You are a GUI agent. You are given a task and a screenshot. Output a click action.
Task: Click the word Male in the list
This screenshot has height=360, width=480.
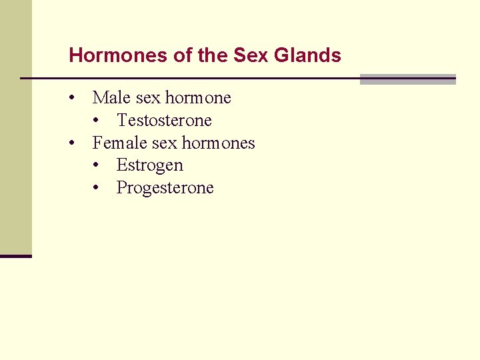[111, 98]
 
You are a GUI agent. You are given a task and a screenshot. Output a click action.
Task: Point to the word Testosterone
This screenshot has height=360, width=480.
[164, 121]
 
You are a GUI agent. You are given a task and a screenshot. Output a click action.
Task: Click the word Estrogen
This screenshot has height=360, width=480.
[149, 165]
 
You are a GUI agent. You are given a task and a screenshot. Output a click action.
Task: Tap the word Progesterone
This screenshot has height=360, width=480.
[165, 188]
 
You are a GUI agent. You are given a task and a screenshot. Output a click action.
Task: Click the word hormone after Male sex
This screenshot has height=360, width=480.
[198, 98]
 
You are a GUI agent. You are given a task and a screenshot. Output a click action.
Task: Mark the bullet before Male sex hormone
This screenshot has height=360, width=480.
[71, 98]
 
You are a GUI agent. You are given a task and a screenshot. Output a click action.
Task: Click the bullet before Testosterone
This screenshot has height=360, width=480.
[97, 121]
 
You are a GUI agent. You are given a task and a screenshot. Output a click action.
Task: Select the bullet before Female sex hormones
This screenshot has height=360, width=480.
[71, 143]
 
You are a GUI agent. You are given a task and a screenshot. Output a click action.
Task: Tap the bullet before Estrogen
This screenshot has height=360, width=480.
[97, 165]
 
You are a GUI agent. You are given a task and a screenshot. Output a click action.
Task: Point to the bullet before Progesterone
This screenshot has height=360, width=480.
[97, 188]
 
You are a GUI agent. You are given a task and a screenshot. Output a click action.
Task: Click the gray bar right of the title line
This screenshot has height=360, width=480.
[407, 79]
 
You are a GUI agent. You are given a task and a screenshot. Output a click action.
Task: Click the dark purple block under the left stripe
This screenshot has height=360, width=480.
[15, 256]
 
